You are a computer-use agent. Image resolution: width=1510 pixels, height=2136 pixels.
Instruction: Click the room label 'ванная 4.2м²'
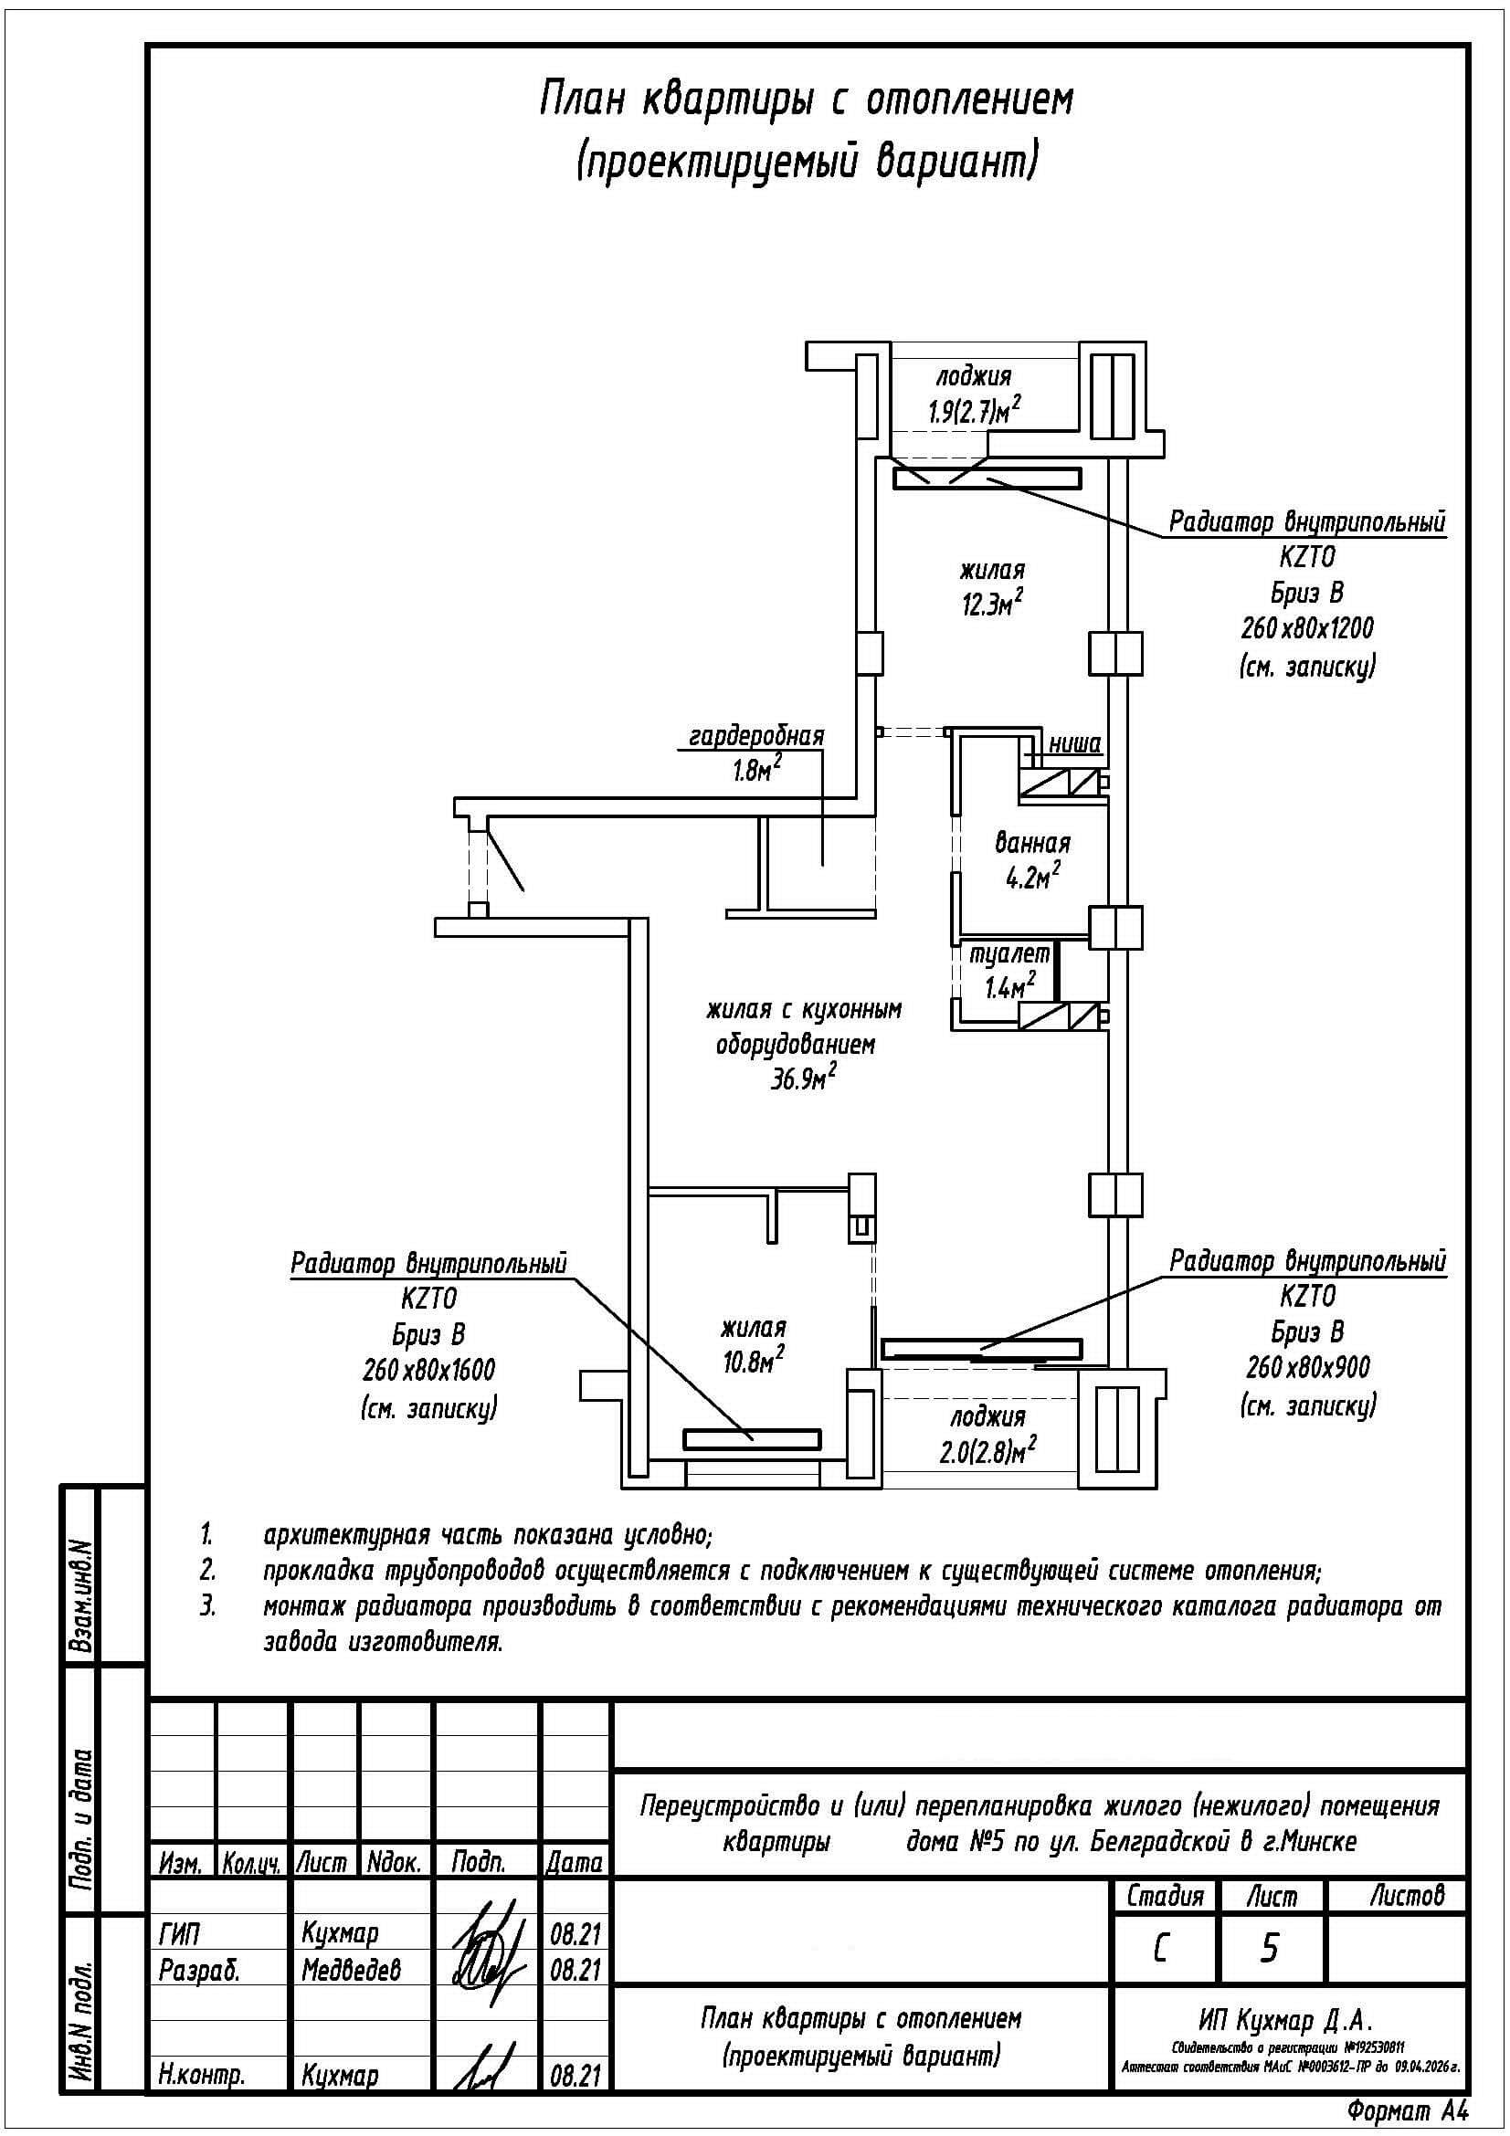click(1031, 859)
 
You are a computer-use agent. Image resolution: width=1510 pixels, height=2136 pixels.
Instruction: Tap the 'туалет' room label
click(1009, 954)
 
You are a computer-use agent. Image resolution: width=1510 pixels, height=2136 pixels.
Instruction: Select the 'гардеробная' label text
click(755, 735)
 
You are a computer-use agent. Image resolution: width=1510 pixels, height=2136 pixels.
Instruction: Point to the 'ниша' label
click(1074, 743)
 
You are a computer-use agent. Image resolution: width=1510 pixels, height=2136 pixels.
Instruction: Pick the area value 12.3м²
click(993, 605)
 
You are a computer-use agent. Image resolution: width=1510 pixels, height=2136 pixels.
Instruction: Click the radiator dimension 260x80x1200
click(1306, 629)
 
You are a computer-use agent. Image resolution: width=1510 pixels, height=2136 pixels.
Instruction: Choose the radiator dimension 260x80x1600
click(428, 1371)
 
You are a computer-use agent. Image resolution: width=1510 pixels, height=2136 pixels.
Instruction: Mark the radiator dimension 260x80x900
click(1307, 1367)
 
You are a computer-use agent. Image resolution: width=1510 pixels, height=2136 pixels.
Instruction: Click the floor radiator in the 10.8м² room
click(752, 1439)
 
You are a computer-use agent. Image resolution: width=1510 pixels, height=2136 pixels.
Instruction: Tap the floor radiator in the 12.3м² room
click(987, 479)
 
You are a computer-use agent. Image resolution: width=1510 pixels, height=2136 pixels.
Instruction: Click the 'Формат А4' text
click(1408, 2109)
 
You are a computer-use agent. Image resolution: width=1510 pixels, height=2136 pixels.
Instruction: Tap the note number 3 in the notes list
click(207, 1606)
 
